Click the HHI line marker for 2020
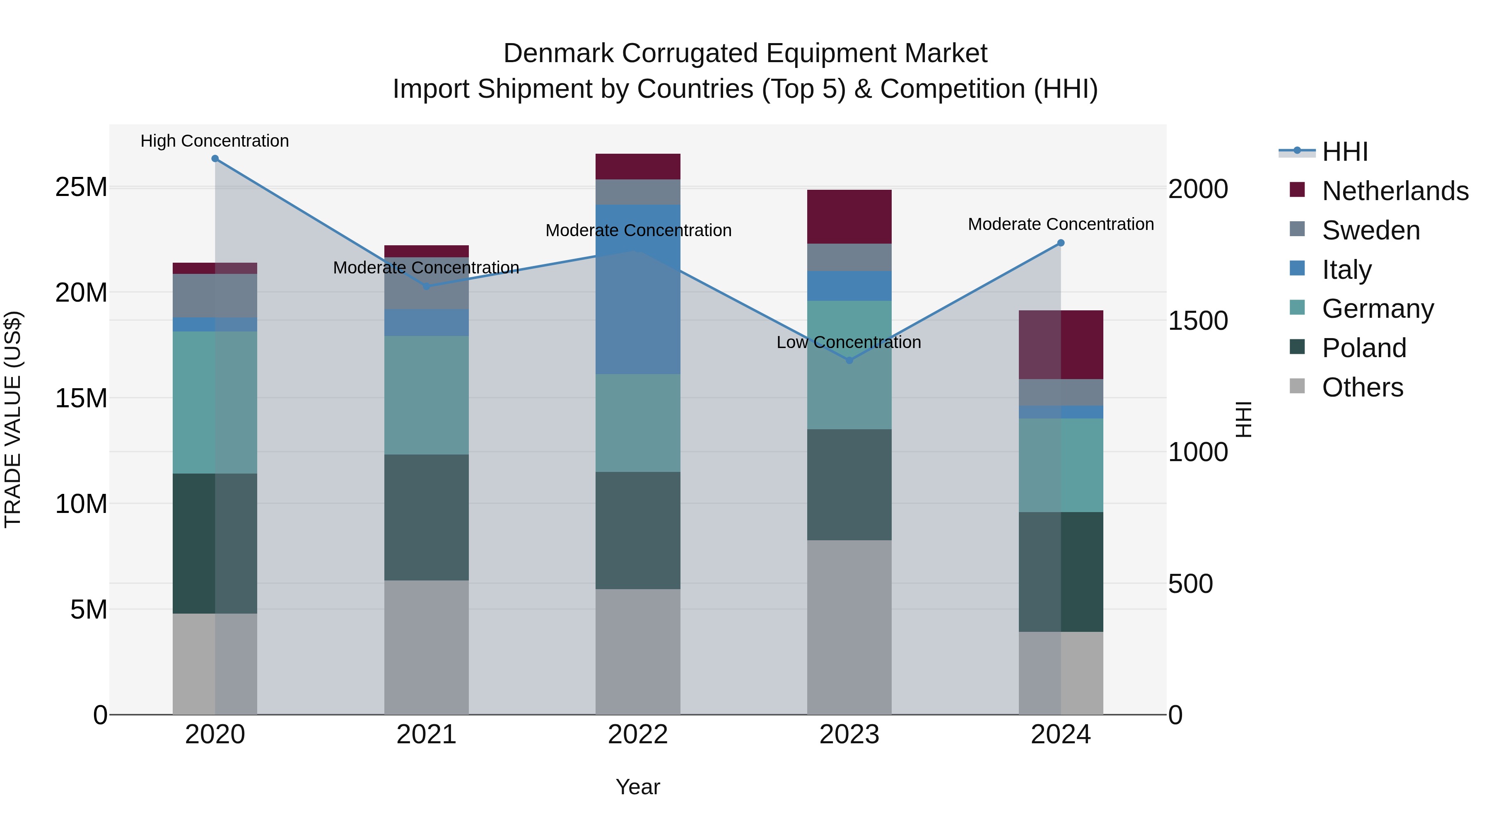pos(215,159)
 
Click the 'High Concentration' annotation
pos(214,141)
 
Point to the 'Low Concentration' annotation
pos(849,343)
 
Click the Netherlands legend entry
pos(1395,191)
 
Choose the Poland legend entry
pos(1364,348)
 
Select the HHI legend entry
pos(1344,152)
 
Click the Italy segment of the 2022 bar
pos(638,290)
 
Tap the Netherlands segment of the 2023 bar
pos(849,217)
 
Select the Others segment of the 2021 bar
pos(426,647)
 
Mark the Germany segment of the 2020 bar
pos(215,402)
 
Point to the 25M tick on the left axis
pos(81,187)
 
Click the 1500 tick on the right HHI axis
pos(1197,321)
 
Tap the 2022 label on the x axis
pos(638,735)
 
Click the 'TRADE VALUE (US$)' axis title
pos(13,419)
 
